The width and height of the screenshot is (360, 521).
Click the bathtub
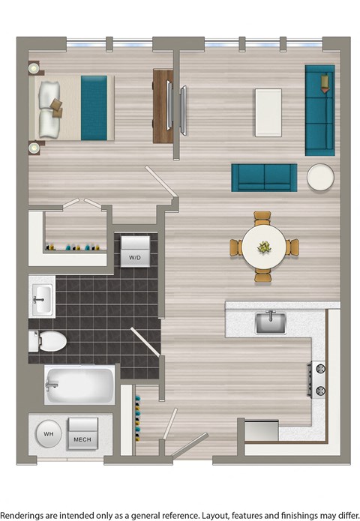79,385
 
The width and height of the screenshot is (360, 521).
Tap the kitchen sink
270,323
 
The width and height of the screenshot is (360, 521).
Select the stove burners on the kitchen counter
318,379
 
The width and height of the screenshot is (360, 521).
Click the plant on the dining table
265,245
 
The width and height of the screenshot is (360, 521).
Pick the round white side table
322,177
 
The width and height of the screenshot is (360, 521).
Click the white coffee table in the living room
268,112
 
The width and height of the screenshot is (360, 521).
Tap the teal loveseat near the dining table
264,178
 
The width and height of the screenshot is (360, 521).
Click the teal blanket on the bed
94,107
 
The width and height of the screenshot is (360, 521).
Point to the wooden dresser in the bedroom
162,106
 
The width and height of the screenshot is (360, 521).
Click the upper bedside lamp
33,68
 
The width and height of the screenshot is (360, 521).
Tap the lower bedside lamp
33,148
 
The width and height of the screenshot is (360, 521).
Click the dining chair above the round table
262,218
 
